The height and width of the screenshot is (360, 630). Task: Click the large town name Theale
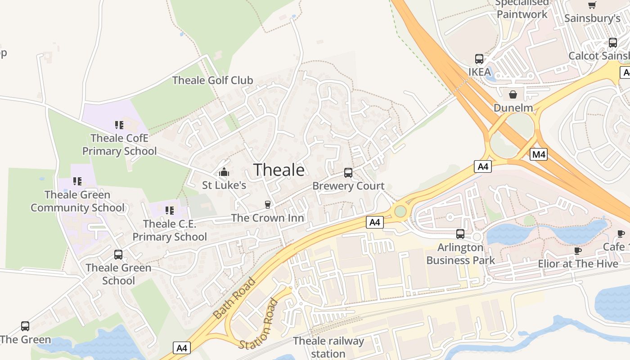[x=279, y=170]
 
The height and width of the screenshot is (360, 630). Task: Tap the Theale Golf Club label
[x=213, y=81]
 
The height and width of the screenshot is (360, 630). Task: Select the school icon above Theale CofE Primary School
[x=119, y=125]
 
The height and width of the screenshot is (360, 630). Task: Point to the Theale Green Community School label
[x=77, y=201]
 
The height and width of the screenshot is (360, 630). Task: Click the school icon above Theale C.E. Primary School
[x=170, y=210]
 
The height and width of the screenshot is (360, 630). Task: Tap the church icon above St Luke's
[x=224, y=172]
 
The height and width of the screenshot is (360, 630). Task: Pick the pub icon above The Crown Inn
[x=268, y=205]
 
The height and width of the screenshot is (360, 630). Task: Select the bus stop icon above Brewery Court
[x=348, y=172]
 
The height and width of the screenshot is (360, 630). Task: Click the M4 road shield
[x=539, y=155]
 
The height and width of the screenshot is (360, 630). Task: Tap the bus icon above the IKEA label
[x=479, y=59]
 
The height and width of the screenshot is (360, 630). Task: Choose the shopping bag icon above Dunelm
[x=513, y=94]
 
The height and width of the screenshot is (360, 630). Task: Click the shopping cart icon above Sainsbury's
[x=592, y=5]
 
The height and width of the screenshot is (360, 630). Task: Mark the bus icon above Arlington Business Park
[x=460, y=234]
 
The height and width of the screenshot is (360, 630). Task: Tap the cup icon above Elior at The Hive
[x=578, y=251]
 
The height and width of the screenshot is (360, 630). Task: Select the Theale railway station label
[x=328, y=347]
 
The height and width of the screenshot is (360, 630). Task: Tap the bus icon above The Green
[x=25, y=326]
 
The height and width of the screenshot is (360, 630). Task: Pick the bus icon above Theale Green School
[x=118, y=255]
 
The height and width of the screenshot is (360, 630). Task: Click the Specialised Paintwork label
[x=522, y=9]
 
